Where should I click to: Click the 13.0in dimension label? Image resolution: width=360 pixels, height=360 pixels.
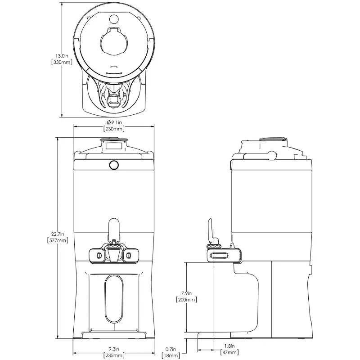coord(62,56)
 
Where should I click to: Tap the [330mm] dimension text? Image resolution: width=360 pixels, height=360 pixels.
coord(62,62)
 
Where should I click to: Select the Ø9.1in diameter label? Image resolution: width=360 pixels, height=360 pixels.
coord(114,122)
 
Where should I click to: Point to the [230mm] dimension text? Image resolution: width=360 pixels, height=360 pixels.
coord(114,129)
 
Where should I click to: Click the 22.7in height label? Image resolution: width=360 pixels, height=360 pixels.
coord(58,234)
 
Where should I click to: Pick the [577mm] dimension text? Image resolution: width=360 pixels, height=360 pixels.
coord(58,240)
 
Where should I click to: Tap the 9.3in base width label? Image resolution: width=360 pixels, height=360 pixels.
coord(114,349)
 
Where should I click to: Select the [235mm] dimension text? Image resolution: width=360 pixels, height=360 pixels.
coord(114,355)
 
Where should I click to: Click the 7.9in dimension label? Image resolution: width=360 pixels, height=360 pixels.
coord(186,293)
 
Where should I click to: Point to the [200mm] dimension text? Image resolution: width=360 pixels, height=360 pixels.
coord(186,300)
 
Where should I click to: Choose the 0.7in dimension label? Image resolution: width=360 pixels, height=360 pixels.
coord(171,350)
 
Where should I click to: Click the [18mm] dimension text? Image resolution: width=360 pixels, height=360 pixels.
coord(171,355)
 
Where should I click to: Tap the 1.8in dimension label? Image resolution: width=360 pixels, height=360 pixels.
coord(229,346)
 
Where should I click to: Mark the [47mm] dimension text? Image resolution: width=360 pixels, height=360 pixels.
coord(229,352)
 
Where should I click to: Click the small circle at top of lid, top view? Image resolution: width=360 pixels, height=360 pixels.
coord(114,19)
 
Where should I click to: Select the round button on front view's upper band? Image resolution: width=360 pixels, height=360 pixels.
coord(114,165)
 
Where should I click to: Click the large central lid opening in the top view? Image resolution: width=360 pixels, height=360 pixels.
coord(114,42)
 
